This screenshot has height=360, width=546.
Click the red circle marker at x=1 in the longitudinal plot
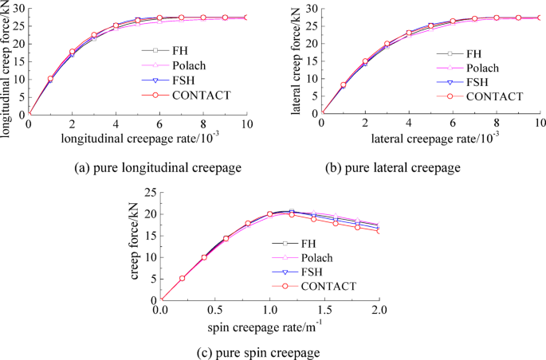(50, 79)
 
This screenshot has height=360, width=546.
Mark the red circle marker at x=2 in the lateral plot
(365, 61)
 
